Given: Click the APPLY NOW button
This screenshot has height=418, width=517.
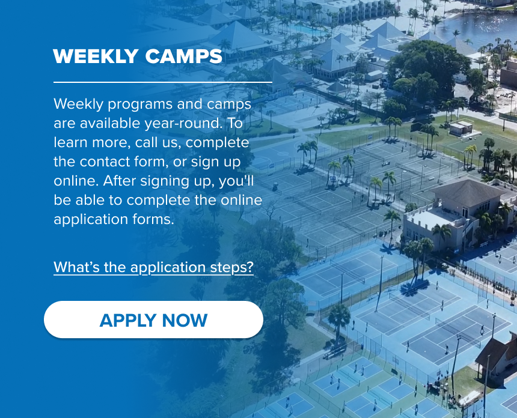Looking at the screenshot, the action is [153, 320].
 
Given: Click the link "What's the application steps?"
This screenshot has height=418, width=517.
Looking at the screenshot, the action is [154, 267].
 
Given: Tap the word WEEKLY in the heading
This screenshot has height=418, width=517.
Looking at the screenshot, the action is [96, 56].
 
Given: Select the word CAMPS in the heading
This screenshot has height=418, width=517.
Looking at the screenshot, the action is [183, 56].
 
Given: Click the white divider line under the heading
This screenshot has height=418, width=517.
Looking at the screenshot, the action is [163, 82].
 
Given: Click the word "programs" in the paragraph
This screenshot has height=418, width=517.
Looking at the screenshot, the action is [141, 104].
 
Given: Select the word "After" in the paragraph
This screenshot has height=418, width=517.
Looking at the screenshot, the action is [120, 181].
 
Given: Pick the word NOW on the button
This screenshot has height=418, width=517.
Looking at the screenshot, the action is [185, 321].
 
